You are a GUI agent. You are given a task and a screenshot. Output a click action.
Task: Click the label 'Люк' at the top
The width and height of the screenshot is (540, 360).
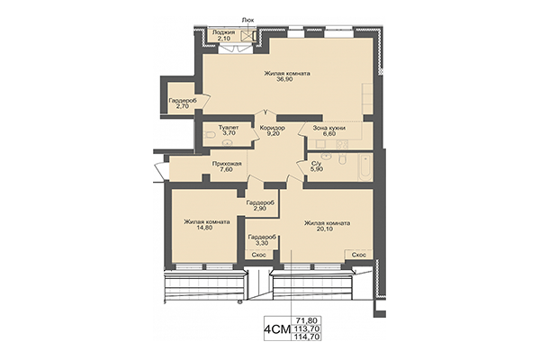[247, 19]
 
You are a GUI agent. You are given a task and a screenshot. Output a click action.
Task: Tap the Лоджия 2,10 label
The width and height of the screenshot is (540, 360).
[222, 36]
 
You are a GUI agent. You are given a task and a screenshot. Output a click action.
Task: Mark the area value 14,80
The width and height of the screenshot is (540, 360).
[206, 228]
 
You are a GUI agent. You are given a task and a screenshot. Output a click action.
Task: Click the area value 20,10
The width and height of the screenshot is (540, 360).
[327, 228]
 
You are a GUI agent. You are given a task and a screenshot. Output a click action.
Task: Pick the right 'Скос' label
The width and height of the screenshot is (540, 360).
[358, 255]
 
